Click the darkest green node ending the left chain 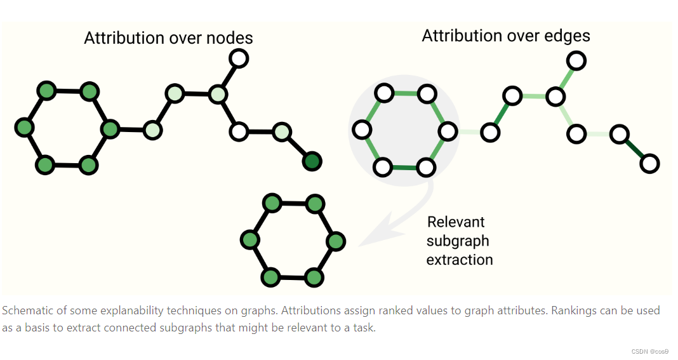312,161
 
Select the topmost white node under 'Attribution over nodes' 238,59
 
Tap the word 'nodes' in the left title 229,38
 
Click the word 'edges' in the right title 567,36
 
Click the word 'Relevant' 456,222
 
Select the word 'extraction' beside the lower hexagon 460,260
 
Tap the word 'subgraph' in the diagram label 458,241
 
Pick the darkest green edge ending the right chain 634,149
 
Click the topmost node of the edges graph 576,61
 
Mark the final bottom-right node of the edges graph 649,164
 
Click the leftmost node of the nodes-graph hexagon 24,128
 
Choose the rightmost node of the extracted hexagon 335,241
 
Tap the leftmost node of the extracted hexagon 250,240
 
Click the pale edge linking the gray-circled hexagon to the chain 469,132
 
